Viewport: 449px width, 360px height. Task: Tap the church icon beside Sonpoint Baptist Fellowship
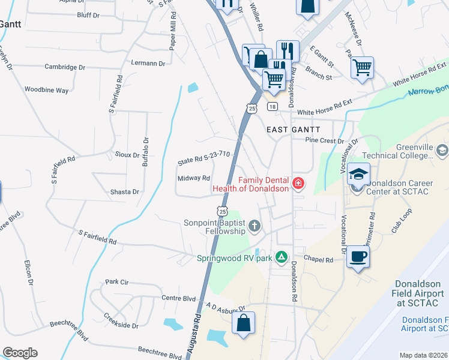pyautogui.click(x=255, y=226)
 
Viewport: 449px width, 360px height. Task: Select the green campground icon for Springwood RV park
pyautogui.click(x=280, y=258)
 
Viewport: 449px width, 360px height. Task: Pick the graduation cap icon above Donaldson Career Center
pyautogui.click(x=358, y=174)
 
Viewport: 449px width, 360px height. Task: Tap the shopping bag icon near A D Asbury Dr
pyautogui.click(x=243, y=323)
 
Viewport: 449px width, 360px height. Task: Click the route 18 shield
pyautogui.click(x=273, y=107)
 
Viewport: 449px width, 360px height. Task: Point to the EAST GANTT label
pyautogui.click(x=294, y=130)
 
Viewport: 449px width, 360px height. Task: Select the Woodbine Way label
pyautogui.click(x=46, y=90)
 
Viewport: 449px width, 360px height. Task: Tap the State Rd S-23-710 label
pyautogui.click(x=204, y=158)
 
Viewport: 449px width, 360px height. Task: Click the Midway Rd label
pyautogui.click(x=193, y=178)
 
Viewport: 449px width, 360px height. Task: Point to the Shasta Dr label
pyautogui.click(x=125, y=192)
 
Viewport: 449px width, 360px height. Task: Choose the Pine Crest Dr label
pyautogui.click(x=324, y=140)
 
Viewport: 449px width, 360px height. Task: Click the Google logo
pyautogui.click(x=20, y=353)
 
